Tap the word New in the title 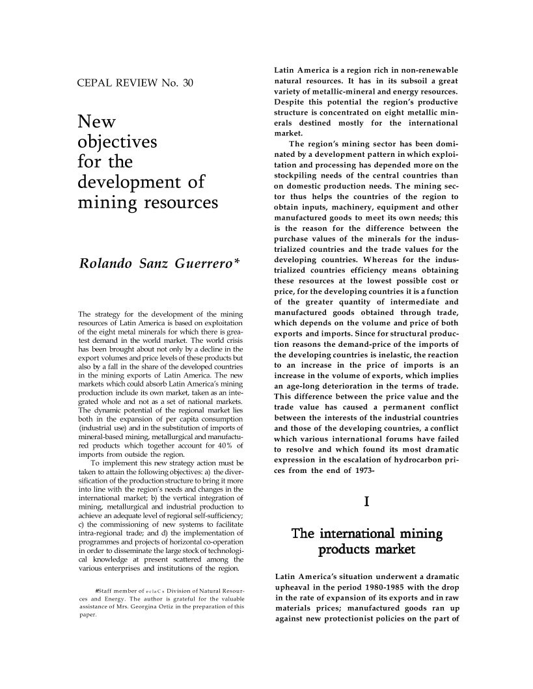tap(96, 121)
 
